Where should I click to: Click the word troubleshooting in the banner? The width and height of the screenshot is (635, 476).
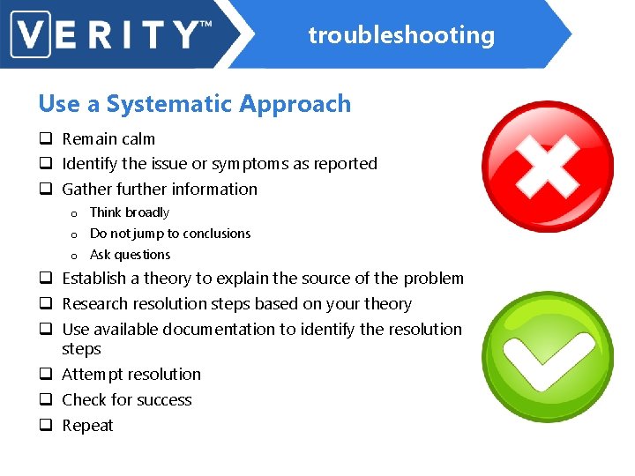click(x=401, y=35)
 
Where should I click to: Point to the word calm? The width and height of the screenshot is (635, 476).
click(x=138, y=139)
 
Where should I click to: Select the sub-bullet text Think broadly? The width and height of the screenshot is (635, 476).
click(x=129, y=212)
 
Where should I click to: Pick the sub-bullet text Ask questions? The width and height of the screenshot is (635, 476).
click(x=130, y=255)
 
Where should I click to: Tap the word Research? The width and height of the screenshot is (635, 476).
click(x=95, y=304)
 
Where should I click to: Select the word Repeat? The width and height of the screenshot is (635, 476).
click(x=87, y=426)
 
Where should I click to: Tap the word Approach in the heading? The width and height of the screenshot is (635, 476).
click(x=296, y=104)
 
